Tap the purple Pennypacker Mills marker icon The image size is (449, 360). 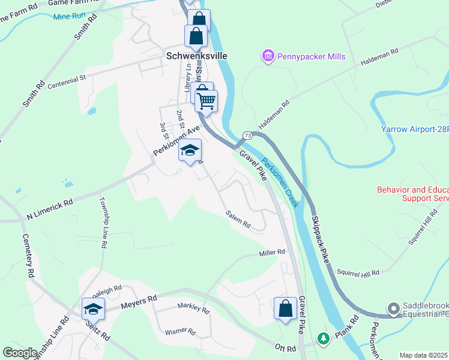pos(268,56)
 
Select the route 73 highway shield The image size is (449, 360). pos(247,136)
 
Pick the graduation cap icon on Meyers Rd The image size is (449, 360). pos(93,309)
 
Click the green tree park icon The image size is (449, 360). pos(324,339)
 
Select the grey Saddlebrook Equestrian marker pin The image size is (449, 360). pos(393,309)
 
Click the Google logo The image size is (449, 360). pos(20,352)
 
